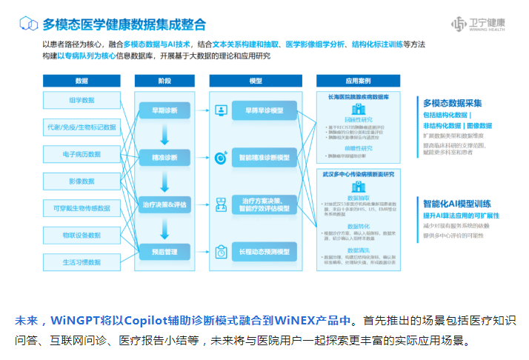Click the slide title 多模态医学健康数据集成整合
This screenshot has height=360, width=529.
pos(124,25)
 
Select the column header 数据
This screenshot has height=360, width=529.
pos(81,81)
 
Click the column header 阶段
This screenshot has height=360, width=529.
pos(164,81)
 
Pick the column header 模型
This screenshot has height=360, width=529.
pos(256,81)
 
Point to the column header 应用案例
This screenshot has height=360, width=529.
pos(358,81)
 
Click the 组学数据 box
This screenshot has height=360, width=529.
pos(81,100)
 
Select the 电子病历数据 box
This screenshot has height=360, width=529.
pos(81,154)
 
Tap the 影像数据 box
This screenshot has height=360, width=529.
pos(81,181)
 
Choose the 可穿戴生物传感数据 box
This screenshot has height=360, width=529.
pos(81,208)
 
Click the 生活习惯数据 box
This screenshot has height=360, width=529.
pos(81,261)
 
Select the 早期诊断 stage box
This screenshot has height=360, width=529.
pos(164,111)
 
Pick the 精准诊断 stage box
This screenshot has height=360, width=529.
pos(164,158)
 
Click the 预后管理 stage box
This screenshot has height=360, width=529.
pos(164,252)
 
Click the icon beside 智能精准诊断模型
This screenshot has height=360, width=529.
pos(221,158)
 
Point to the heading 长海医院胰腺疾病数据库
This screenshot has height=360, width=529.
pos(358,96)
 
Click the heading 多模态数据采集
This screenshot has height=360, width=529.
pos(453,103)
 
